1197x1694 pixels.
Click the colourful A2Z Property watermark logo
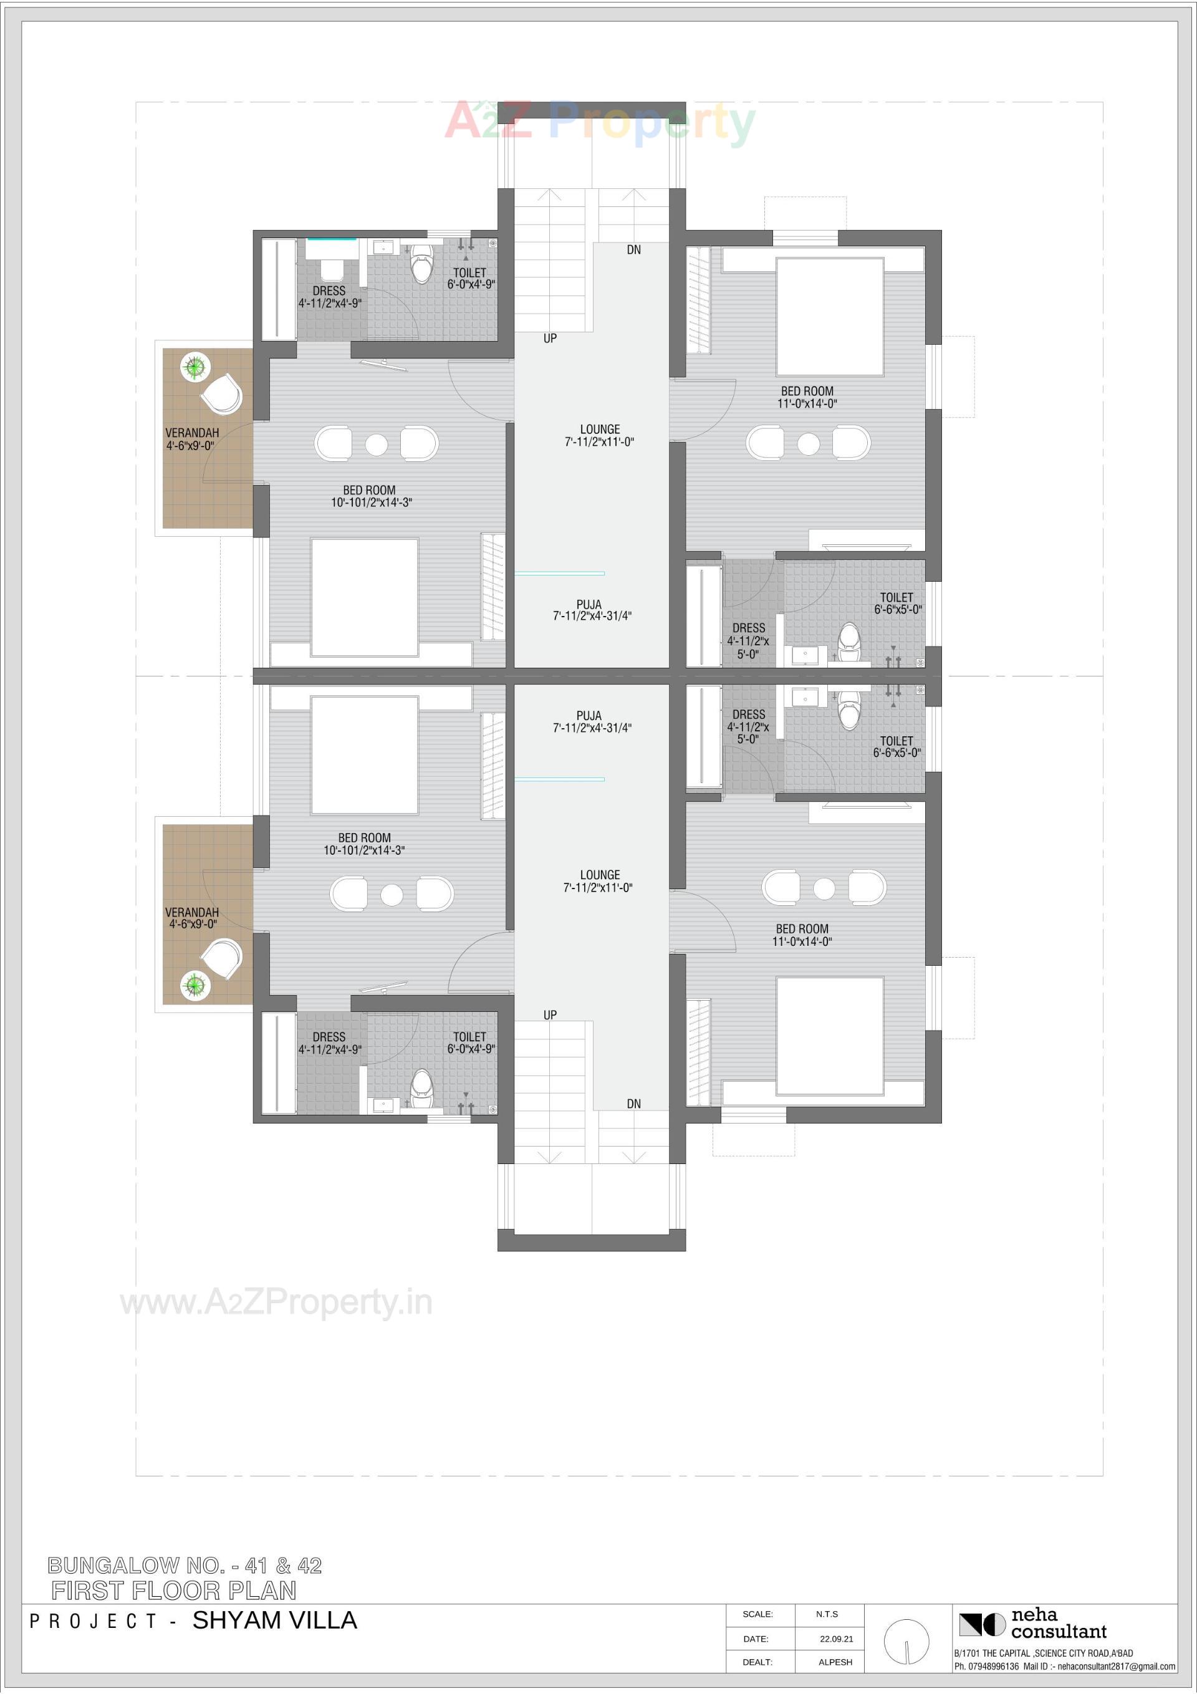click(599, 122)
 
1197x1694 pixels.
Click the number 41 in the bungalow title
click(257, 1566)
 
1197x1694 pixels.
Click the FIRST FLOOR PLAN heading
click(174, 1591)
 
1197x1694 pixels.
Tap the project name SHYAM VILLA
click(274, 1621)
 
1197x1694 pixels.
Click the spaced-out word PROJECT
click(93, 1622)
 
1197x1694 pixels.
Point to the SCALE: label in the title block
click(757, 1614)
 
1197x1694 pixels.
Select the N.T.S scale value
click(827, 1614)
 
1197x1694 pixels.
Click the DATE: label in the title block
click(756, 1639)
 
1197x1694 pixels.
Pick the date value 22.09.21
click(836, 1639)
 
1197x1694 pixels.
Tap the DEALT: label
click(757, 1662)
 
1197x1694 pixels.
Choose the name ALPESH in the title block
click(835, 1662)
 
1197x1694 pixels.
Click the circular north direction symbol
click(906, 1642)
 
